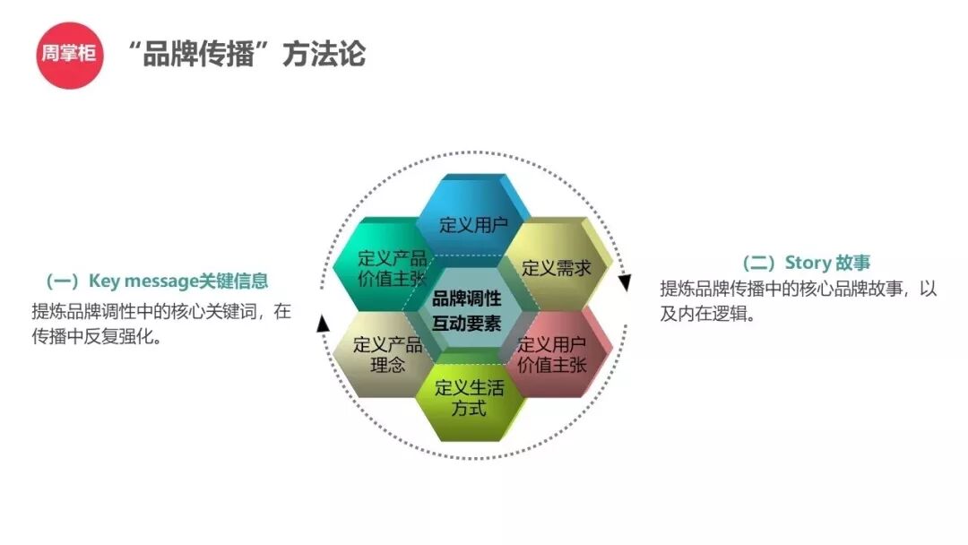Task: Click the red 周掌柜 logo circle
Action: coord(70,54)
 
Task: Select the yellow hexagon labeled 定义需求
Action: coord(556,267)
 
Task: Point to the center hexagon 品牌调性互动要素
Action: coord(466,310)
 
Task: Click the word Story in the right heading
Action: coord(808,263)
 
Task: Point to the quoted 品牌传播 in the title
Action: coord(198,54)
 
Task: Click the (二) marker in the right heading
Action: coord(760,263)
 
